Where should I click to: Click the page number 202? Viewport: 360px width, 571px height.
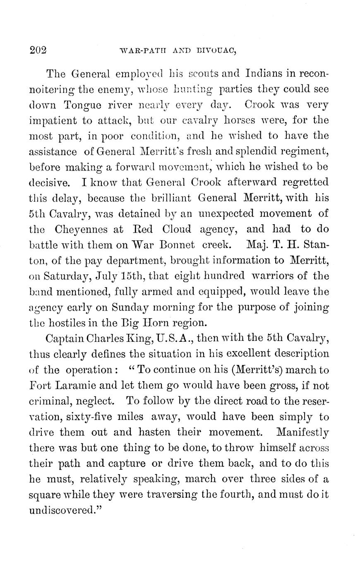38,50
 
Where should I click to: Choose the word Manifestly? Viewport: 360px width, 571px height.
302,433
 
